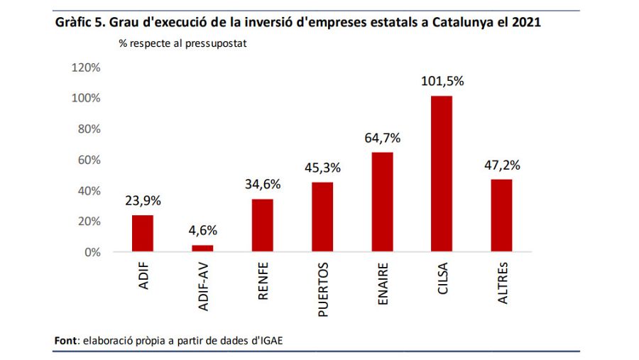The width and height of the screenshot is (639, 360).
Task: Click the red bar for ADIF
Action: [x=142, y=234]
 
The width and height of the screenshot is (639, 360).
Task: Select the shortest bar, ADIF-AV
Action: [x=202, y=248]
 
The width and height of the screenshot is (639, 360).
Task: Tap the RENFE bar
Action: [x=262, y=225]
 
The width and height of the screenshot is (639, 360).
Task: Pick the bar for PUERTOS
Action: [x=322, y=217]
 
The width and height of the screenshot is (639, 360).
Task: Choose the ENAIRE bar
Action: [x=382, y=202]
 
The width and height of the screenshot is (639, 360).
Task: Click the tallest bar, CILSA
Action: [x=442, y=174]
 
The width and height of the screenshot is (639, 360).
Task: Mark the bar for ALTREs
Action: [x=501, y=216]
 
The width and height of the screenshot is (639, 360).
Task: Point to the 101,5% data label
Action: [x=442, y=82]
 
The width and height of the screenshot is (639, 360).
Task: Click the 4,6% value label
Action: [x=202, y=231]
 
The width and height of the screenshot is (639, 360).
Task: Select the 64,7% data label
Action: [x=382, y=138]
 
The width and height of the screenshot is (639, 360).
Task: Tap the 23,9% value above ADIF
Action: [x=142, y=201]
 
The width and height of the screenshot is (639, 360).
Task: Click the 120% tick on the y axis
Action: [x=87, y=67]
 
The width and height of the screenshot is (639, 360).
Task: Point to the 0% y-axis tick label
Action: [x=92, y=252]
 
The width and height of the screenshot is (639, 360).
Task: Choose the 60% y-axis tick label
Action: [x=89, y=160]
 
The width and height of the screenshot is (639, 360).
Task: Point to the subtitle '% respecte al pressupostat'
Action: [x=182, y=44]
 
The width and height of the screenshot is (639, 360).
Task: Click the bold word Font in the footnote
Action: [x=67, y=340]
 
